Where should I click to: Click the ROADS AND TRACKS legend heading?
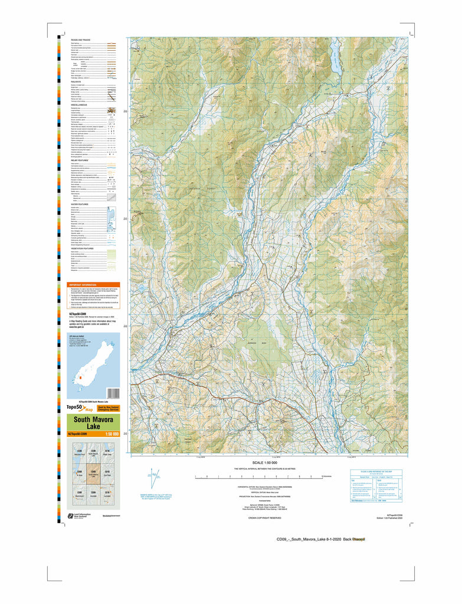[x=81, y=40]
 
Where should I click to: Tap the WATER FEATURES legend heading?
[x=81, y=204]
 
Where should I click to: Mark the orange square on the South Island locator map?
[x=80, y=375]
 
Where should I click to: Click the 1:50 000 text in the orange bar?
[x=111, y=435]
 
